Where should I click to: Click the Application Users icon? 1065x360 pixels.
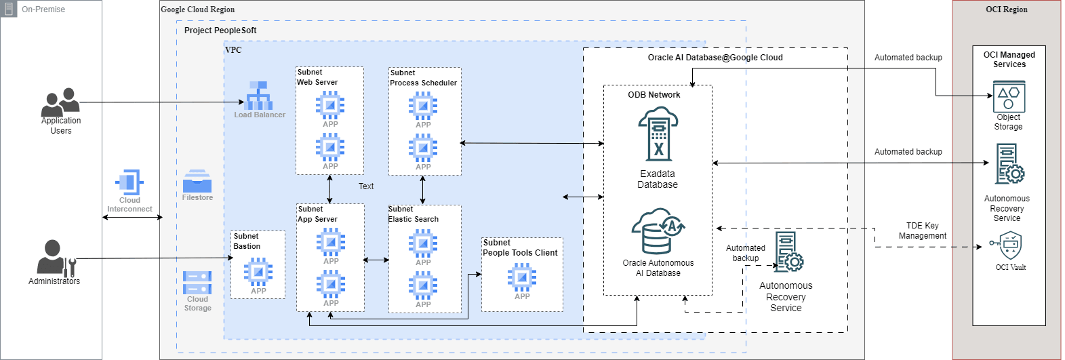60,102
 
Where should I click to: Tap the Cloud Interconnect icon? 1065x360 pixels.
129,182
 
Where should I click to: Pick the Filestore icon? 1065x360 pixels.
197,181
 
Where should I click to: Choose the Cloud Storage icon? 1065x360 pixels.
197,282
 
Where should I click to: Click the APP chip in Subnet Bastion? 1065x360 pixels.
258,272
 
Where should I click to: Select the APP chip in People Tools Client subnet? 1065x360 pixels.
522,277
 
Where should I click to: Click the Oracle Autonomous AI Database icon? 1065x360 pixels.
658,231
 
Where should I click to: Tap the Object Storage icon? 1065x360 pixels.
1009,97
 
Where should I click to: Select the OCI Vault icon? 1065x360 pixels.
1010,245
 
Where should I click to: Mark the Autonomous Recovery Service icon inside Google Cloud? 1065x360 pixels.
788,252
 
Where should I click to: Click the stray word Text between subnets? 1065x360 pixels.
366,186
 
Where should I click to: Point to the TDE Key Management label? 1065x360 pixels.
922,231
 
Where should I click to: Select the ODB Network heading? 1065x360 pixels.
654,95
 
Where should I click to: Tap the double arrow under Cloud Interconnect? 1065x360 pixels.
132,217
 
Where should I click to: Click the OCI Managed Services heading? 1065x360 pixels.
1009,60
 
